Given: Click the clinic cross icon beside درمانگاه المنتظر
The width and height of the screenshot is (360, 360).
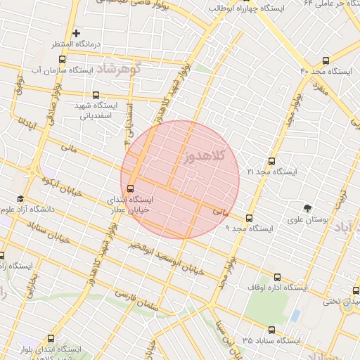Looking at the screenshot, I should pyautogui.click(x=77, y=33).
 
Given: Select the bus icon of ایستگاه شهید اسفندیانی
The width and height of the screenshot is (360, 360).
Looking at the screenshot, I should pyautogui.click(x=96, y=96).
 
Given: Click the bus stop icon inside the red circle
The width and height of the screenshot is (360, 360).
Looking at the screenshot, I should pyautogui.click(x=130, y=188).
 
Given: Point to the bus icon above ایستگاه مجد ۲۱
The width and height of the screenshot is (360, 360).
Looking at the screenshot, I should pyautogui.click(x=272, y=161).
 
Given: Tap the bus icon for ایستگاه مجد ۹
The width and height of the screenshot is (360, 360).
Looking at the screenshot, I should pyautogui.click(x=249, y=218).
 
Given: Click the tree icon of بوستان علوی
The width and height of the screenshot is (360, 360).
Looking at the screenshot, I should pyautogui.click(x=307, y=208).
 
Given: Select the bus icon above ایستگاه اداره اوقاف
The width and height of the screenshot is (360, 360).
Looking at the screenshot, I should pyautogui.click(x=277, y=278).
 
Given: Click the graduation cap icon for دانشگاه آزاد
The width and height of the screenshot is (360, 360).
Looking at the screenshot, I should pyautogui.click(x=20, y=200).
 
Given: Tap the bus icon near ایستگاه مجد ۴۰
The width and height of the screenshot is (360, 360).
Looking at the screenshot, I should pyautogui.click(x=326, y=61).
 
